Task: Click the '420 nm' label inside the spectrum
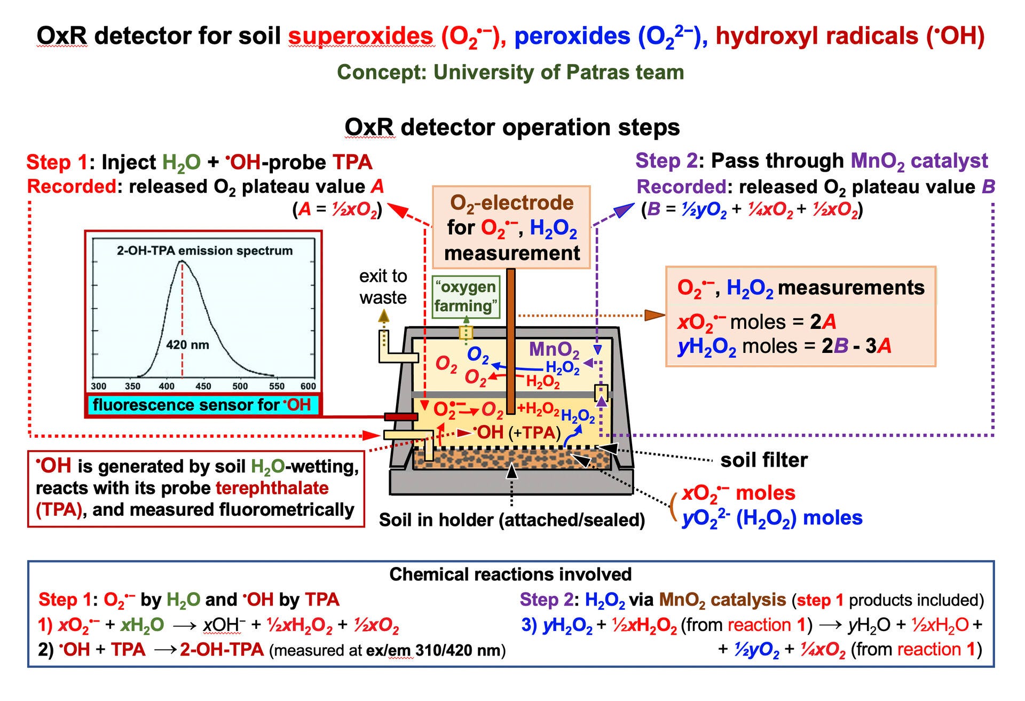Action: [x=187, y=345]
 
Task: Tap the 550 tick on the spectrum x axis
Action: [x=277, y=386]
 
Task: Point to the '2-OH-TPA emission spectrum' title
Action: [x=204, y=250]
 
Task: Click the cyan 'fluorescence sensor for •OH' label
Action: [x=202, y=405]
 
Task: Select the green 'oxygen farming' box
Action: [x=466, y=296]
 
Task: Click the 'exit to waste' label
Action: [x=383, y=287]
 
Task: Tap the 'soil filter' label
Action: [x=764, y=460]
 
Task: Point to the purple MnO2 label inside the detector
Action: [x=554, y=350]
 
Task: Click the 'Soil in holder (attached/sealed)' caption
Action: [x=511, y=520]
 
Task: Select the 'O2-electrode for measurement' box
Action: [x=511, y=227]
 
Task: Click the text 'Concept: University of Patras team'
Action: [x=510, y=72]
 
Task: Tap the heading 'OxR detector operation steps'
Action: [x=512, y=128]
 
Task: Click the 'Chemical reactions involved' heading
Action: [x=510, y=574]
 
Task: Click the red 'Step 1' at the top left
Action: [x=57, y=162]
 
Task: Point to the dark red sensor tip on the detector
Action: [x=400, y=416]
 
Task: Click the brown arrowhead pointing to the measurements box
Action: [x=655, y=315]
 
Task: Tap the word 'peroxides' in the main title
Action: [x=572, y=36]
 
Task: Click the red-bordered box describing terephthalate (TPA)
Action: [x=196, y=489]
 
